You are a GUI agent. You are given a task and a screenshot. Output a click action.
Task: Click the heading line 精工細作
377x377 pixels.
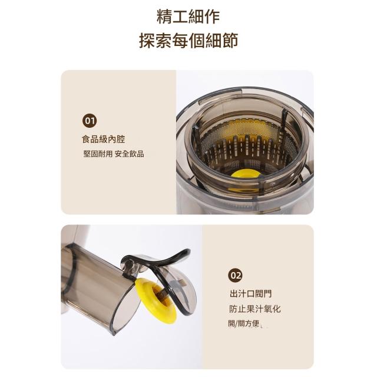point(188,16)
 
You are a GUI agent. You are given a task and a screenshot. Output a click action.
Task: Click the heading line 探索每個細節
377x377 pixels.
point(188,41)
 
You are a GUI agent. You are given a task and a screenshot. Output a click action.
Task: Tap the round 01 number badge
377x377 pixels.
point(90,120)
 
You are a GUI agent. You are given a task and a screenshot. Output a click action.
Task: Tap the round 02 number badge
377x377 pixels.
point(235,275)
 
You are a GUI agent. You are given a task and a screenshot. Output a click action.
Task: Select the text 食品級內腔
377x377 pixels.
point(104,139)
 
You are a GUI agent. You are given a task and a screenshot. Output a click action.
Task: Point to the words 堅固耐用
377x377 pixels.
point(98,154)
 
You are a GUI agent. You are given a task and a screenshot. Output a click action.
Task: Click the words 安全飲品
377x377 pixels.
point(130,154)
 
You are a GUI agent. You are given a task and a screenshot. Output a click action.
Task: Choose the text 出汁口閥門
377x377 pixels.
point(251,293)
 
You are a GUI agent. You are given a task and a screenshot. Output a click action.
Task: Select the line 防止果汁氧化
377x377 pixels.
point(255,309)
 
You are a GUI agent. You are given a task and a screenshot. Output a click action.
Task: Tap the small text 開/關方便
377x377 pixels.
point(243,323)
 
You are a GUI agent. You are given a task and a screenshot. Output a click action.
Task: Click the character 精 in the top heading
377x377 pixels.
point(164,16)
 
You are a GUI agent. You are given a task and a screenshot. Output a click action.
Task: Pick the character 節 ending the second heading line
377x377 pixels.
point(230,41)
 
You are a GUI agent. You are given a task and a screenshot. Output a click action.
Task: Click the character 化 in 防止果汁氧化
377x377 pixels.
point(276,309)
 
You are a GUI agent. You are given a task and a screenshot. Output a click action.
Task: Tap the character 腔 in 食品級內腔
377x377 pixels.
point(121,139)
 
